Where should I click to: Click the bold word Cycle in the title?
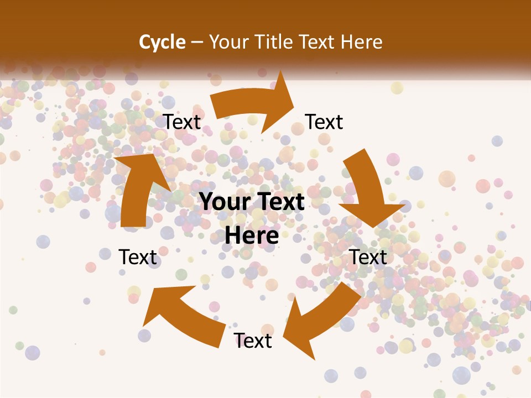pos(162,42)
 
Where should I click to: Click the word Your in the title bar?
pos(228,42)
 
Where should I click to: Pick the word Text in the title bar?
pos(319,42)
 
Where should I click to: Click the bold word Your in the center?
pos(225,202)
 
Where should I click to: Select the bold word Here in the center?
pos(252,235)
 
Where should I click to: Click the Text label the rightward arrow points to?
pos(324,122)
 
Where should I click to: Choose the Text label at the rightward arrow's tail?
pos(182,122)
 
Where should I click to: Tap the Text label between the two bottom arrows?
pos(253,341)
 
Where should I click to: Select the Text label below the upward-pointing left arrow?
pos(138,257)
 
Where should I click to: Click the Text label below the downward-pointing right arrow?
pos(368,257)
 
